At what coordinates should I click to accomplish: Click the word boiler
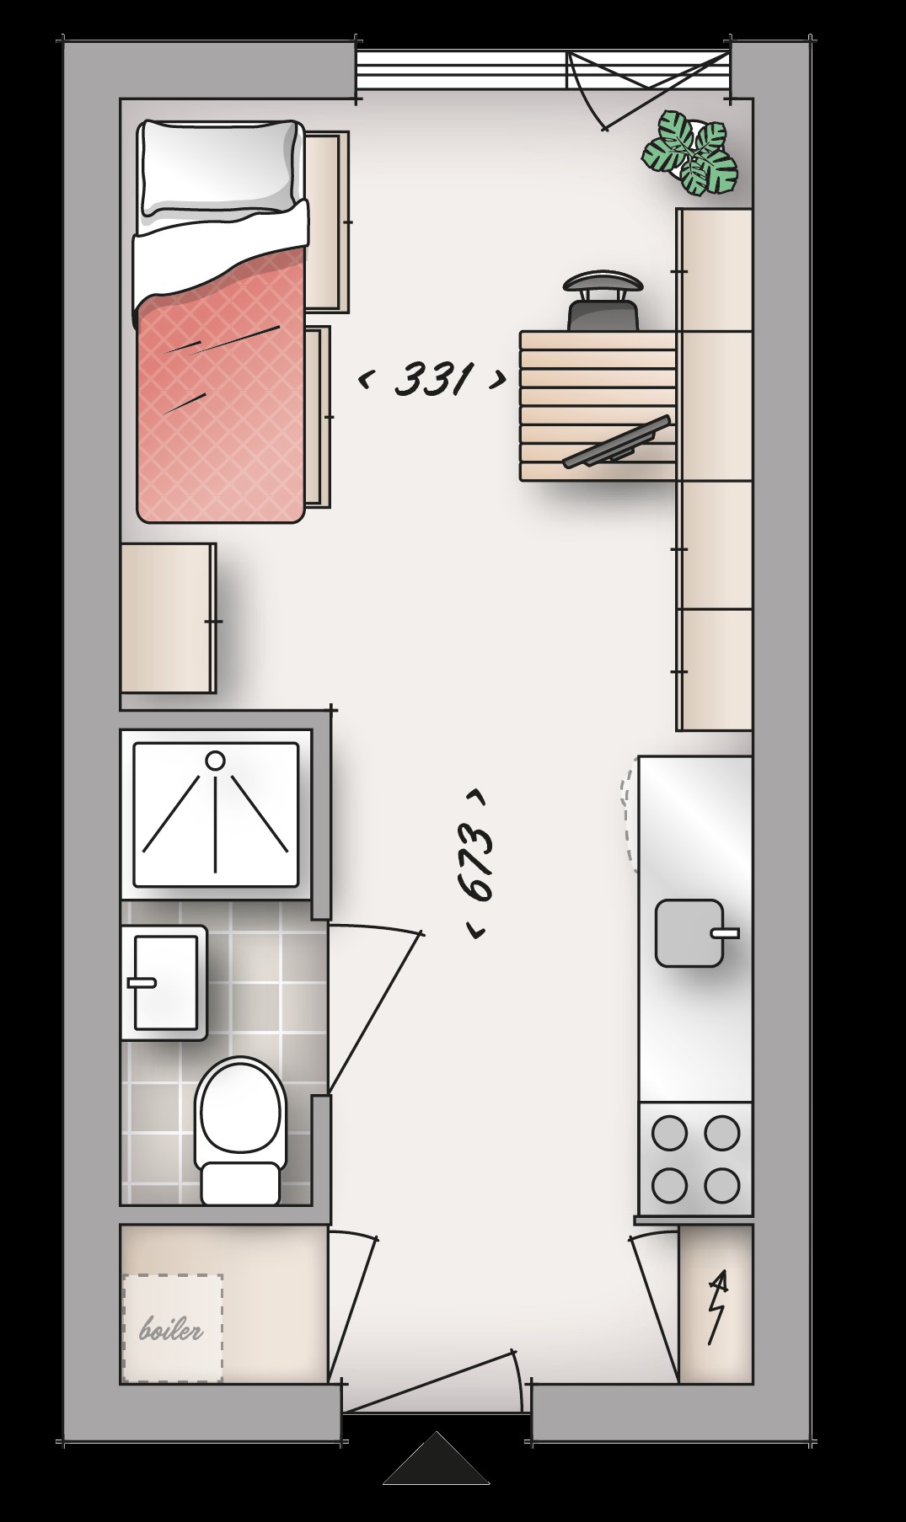[172, 1330]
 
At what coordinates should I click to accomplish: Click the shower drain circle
[216, 761]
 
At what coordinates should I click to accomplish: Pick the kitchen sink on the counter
[689, 933]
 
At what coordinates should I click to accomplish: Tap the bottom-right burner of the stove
[721, 1186]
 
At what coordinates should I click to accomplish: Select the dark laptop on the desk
[619, 442]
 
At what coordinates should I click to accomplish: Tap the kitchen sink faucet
[725, 933]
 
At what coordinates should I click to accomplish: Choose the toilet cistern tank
[240, 1183]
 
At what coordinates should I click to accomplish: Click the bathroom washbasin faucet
[141, 983]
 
